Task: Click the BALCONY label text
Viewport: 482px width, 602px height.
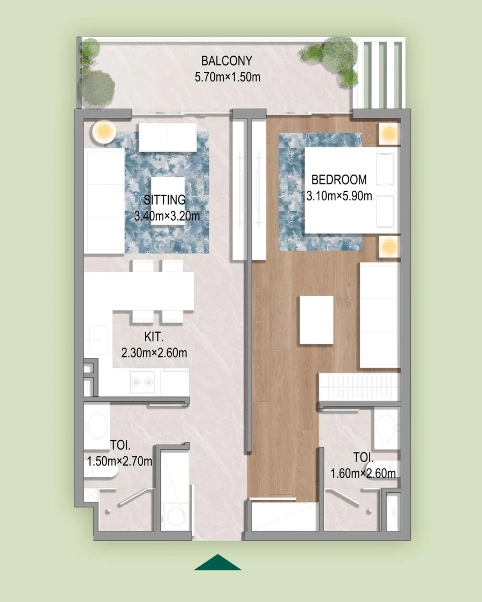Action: click(x=226, y=61)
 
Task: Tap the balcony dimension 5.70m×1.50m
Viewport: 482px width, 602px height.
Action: click(x=228, y=77)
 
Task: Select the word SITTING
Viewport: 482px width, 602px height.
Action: click(x=165, y=200)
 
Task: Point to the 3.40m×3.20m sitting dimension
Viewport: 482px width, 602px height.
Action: click(x=167, y=216)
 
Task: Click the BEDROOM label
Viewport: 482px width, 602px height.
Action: click(x=339, y=180)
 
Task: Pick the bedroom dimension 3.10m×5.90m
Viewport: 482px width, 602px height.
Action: click(x=339, y=196)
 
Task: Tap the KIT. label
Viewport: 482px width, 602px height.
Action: click(x=154, y=337)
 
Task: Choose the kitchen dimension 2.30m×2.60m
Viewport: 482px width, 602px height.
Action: click(x=154, y=353)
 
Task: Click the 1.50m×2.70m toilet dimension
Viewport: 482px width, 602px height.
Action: click(x=120, y=461)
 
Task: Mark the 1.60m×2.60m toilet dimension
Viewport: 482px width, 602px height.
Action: click(x=363, y=473)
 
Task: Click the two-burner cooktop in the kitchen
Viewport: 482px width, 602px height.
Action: click(x=142, y=382)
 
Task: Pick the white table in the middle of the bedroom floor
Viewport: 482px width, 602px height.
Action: click(x=317, y=320)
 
